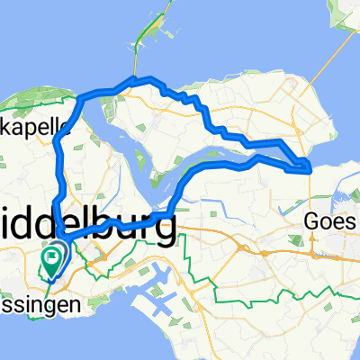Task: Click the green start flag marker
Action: [53, 262]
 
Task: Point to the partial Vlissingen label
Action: [40, 306]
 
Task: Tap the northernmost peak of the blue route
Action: [135, 78]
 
